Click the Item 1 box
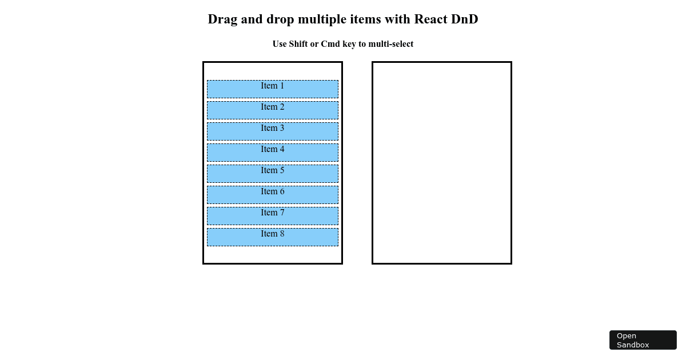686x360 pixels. click(x=273, y=89)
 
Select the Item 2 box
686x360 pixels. click(x=273, y=110)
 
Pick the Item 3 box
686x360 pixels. click(x=273, y=131)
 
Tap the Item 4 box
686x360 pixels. click(x=273, y=153)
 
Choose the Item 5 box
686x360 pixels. click(x=273, y=174)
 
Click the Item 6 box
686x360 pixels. click(x=273, y=195)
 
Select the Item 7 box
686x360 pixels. click(x=273, y=216)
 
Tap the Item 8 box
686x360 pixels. click(x=273, y=237)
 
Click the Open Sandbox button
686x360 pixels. click(x=643, y=340)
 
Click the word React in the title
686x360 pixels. click(x=430, y=19)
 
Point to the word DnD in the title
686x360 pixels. click(x=465, y=19)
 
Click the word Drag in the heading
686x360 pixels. click(x=222, y=19)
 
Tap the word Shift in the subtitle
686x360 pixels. click(x=298, y=44)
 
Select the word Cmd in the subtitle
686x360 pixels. click(x=330, y=44)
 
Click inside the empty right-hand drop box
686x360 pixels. click(x=441, y=163)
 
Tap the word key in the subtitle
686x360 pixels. click(x=349, y=44)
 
